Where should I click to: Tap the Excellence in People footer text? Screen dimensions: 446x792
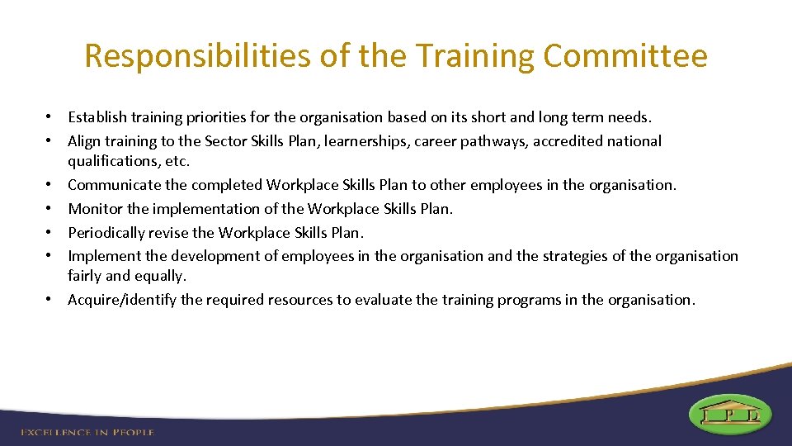pos(87,432)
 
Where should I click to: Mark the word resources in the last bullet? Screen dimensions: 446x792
pos(300,300)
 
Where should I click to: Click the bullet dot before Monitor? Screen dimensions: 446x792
pos(50,209)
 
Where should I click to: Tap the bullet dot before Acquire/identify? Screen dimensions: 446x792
pos(50,300)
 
